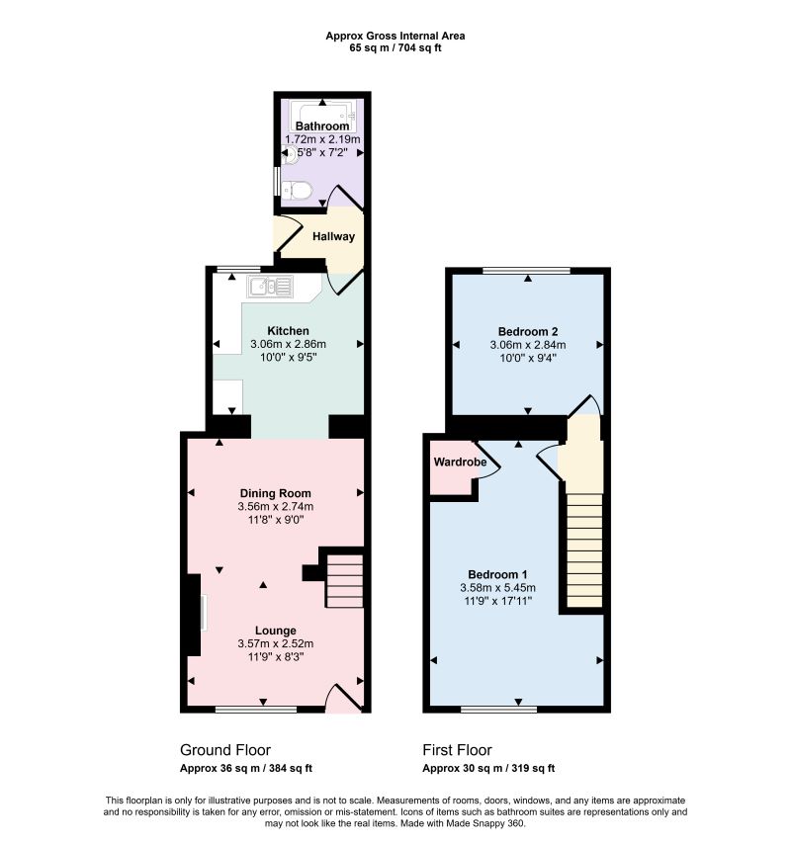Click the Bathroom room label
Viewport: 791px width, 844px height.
coord(322,126)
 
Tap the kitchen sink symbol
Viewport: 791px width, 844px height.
coord(270,287)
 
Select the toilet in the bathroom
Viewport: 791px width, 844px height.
coord(297,190)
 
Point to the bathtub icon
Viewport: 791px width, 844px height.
coord(322,116)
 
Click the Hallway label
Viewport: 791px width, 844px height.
coord(334,236)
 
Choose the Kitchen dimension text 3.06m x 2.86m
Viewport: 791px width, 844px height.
coord(288,344)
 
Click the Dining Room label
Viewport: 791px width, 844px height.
coord(275,493)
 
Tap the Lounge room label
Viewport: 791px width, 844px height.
coord(275,631)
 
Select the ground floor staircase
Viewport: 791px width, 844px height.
coord(344,580)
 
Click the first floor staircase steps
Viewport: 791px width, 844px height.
coord(584,550)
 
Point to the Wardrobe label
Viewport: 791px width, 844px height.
coord(460,462)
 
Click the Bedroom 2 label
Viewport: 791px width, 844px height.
coord(528,332)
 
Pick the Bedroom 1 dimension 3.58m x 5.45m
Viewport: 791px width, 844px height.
coord(497,588)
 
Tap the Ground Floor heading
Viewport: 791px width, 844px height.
coord(225,750)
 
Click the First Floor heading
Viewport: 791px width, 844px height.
coord(457,750)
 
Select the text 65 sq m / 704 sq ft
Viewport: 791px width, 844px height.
coord(395,47)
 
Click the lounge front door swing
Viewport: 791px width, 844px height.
coord(345,697)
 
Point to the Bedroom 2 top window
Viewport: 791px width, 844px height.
coord(527,271)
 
